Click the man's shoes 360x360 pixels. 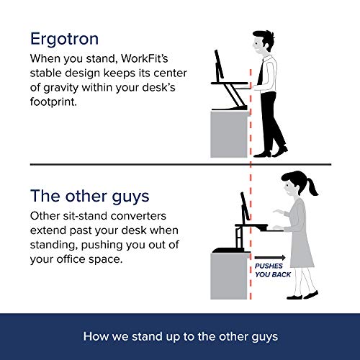click(274, 151)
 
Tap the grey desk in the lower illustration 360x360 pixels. click(228, 277)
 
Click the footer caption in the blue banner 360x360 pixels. click(180, 335)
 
